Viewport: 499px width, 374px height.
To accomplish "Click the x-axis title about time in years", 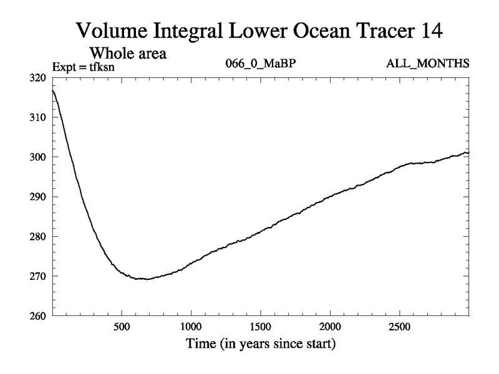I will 260,343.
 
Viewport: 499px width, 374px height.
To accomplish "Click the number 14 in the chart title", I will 429,31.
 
